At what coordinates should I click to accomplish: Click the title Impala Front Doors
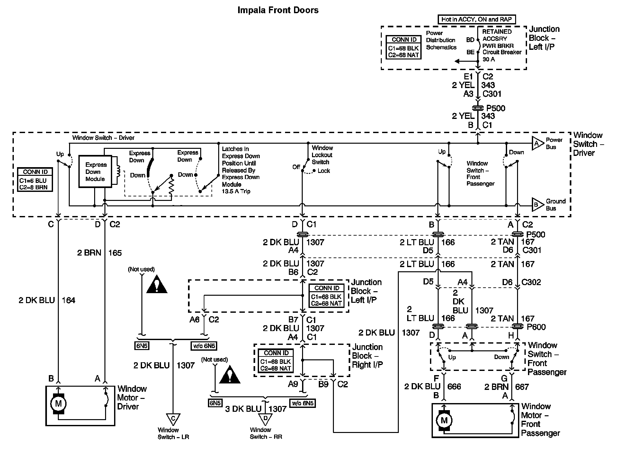click(x=278, y=10)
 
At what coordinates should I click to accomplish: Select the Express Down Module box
click(x=95, y=172)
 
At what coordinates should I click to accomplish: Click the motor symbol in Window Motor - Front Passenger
click(x=444, y=420)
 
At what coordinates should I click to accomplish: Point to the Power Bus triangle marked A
click(x=536, y=143)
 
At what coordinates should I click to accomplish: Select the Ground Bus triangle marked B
click(x=536, y=205)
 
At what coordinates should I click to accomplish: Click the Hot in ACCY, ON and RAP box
click(x=477, y=19)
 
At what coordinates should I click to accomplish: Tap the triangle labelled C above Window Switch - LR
click(x=173, y=419)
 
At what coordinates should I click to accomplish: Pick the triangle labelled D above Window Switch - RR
click(x=265, y=419)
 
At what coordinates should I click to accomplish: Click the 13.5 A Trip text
click(x=236, y=192)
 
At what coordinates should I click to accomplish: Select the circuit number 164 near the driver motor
click(x=68, y=301)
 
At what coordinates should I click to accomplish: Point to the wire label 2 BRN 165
click(x=99, y=253)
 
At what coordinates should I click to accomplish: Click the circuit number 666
click(x=454, y=387)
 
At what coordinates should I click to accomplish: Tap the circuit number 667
click(x=522, y=387)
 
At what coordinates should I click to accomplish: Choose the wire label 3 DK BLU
click(x=243, y=409)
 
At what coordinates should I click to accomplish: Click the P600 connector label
click(x=536, y=327)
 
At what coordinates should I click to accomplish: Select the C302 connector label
click(x=531, y=282)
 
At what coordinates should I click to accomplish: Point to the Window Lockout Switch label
click(x=322, y=155)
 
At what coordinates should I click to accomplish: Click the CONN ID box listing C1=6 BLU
click(x=35, y=180)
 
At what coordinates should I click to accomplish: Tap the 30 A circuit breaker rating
click(x=489, y=59)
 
